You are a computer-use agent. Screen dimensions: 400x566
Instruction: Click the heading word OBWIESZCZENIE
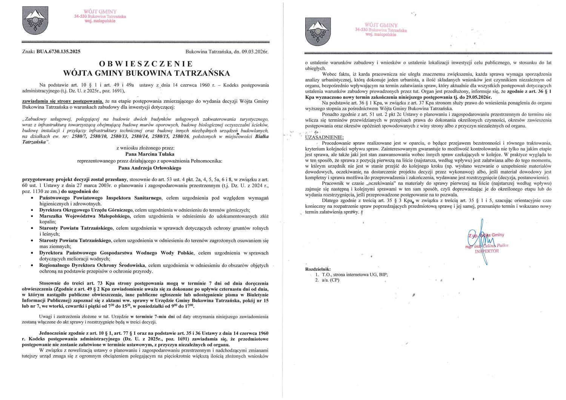[x=146, y=63]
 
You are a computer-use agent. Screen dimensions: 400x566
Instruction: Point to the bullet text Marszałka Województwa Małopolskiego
[x=85, y=216]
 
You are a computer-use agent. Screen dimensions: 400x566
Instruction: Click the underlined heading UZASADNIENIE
[x=324, y=137]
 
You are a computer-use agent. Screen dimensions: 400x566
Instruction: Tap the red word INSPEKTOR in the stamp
[x=486, y=251]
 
